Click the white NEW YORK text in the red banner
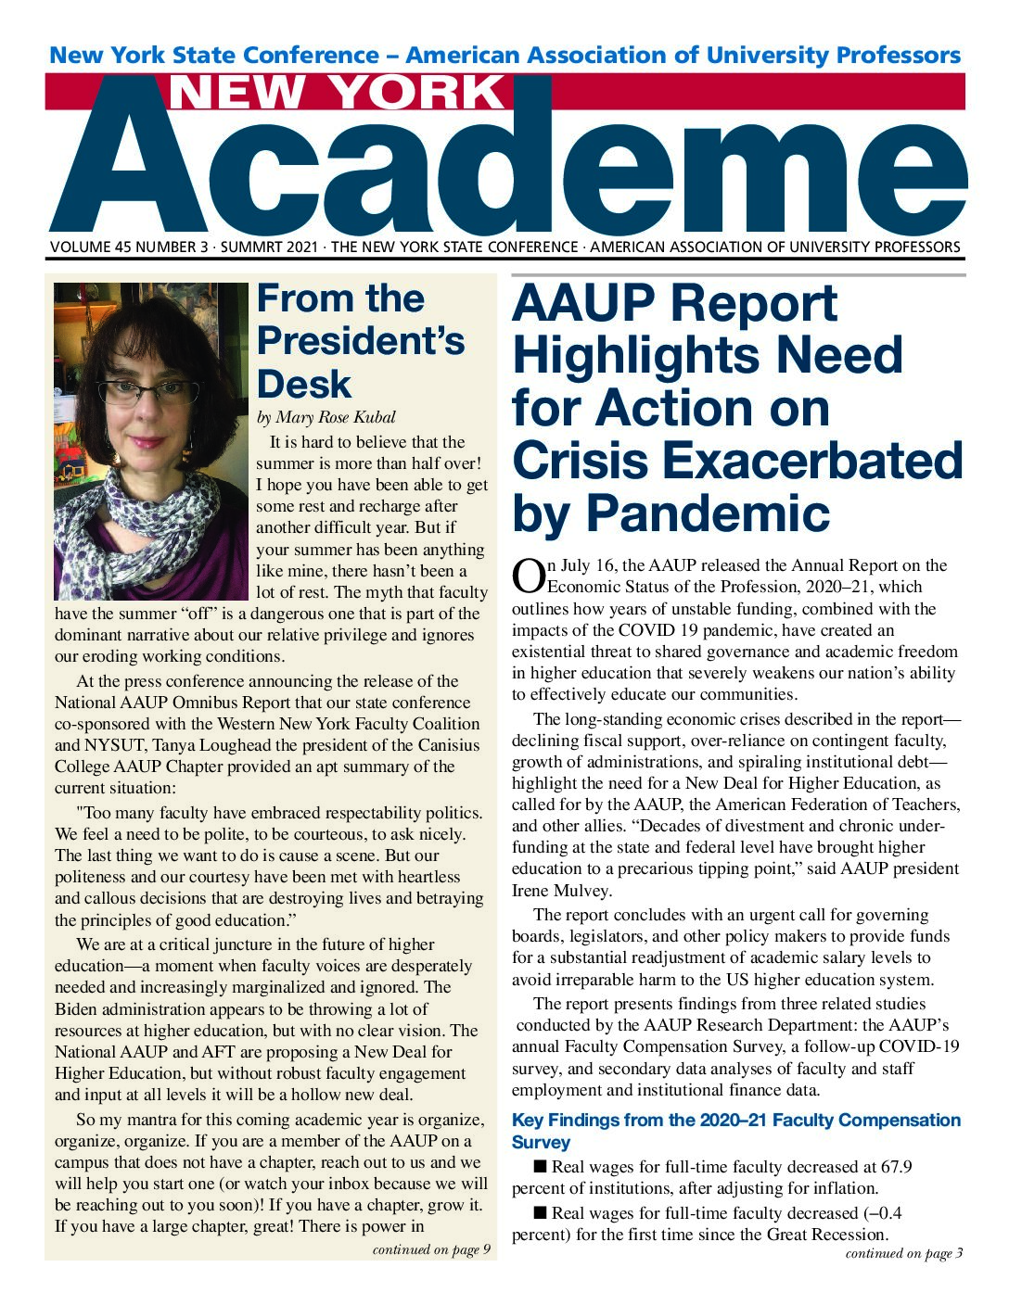[x=338, y=93]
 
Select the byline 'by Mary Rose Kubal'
[x=326, y=417]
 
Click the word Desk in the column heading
[x=304, y=385]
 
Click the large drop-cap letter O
[x=528, y=575]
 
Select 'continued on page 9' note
[x=431, y=1249]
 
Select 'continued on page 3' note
[x=903, y=1253]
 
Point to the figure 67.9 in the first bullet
[x=894, y=1167]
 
